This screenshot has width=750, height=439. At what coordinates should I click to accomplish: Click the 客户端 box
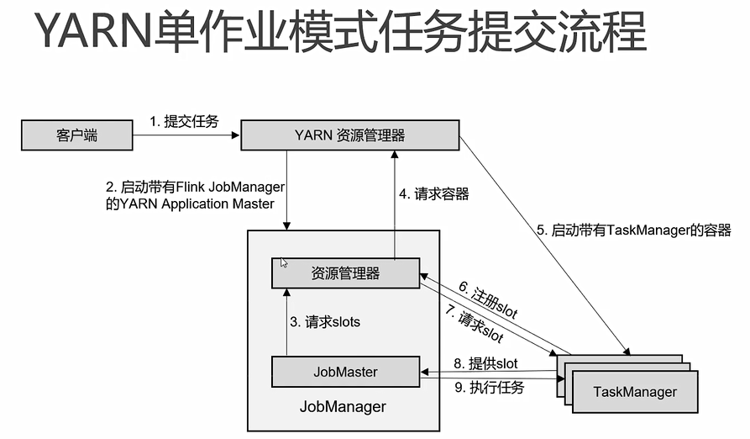click(77, 135)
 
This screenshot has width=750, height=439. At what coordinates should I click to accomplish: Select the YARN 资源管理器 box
click(349, 135)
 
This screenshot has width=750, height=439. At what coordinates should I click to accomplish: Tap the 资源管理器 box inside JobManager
click(345, 273)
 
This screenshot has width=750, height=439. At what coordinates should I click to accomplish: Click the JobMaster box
click(345, 372)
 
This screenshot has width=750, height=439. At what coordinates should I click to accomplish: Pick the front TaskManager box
click(634, 392)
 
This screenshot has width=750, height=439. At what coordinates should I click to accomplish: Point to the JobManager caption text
click(343, 407)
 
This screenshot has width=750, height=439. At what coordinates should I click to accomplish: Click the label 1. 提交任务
click(184, 121)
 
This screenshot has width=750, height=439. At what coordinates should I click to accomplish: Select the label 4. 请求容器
click(433, 193)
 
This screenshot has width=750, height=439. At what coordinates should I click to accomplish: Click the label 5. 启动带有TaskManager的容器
click(634, 229)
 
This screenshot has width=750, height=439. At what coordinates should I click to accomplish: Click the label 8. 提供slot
click(485, 363)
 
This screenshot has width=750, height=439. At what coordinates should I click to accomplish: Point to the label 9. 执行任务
click(489, 388)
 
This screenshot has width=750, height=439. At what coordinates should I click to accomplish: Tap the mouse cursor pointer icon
click(284, 262)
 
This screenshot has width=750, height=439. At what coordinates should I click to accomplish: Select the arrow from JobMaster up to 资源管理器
click(286, 321)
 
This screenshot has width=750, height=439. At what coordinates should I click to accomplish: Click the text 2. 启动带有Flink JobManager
click(196, 187)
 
